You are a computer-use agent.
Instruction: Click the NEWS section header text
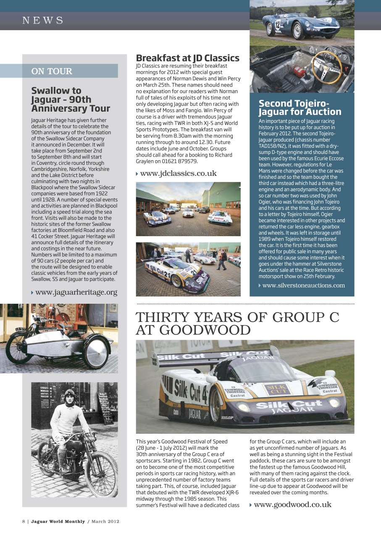[43, 21]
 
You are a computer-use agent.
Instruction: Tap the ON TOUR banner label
[52, 71]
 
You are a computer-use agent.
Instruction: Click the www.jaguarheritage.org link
[76, 292]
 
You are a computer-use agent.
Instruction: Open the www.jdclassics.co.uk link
[178, 173]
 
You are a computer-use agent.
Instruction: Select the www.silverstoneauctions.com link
[303, 285]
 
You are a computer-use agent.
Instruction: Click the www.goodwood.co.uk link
[292, 504]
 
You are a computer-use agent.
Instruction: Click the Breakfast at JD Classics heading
[187, 58]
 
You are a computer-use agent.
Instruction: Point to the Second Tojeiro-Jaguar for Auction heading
[300, 107]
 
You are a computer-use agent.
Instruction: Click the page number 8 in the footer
[24, 521]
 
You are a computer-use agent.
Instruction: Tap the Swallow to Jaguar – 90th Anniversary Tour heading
[70, 99]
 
